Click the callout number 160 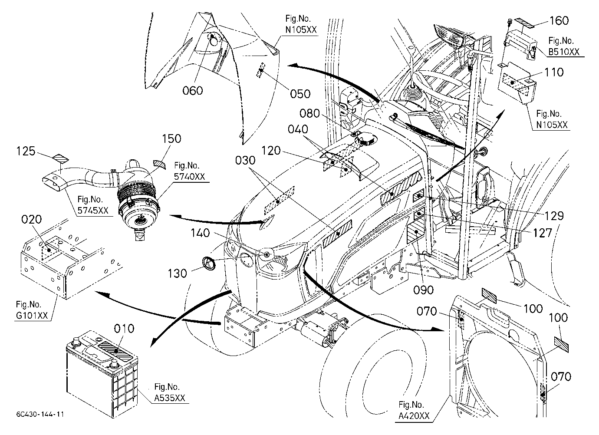click(559, 21)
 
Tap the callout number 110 click(554, 72)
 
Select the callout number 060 click(193, 90)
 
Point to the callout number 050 click(300, 94)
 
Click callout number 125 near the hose click(26, 151)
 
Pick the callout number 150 click(172, 138)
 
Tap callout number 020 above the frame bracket click(32, 219)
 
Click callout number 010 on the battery click(124, 329)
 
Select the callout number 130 click(177, 274)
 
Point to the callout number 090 click(423, 290)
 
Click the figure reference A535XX click(170, 398)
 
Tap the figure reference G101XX click(32, 316)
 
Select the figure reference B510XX click(564, 52)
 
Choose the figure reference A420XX click(414, 415)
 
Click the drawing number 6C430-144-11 click(40, 415)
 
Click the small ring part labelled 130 click(209, 263)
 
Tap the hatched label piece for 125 click(60, 158)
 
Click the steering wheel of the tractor click(438, 83)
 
